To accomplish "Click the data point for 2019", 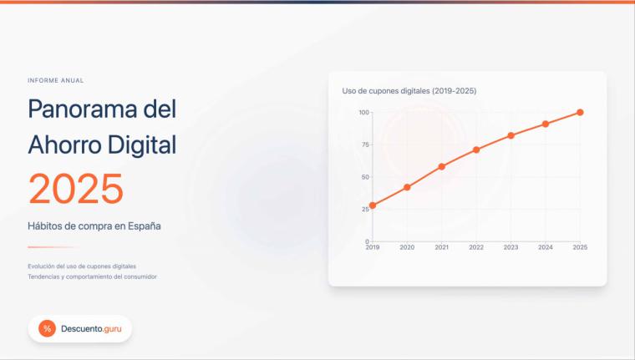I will click(373, 205).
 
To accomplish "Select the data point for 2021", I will click(442, 166).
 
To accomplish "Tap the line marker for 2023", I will click(511, 135).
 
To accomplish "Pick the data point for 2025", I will click(580, 112).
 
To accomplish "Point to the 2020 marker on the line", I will click(407, 187).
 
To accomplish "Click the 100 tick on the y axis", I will click(363, 112).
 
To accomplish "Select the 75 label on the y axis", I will click(364, 145).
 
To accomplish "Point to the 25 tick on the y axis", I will click(364, 209).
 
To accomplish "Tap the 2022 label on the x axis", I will click(476, 248).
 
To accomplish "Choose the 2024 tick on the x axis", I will click(546, 248).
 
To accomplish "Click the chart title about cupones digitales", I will click(409, 90).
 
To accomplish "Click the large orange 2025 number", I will click(76, 189).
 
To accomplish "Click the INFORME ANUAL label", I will click(55, 80).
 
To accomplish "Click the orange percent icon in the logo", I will click(47, 329).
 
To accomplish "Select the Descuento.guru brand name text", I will click(91, 329).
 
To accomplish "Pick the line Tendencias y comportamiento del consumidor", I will click(92, 276).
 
